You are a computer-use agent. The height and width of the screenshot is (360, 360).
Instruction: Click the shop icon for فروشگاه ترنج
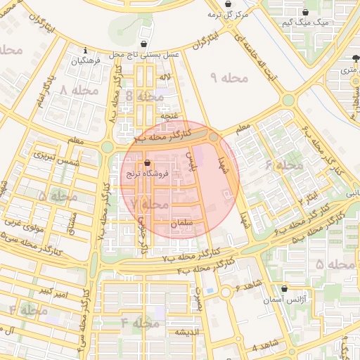(x=146, y=161)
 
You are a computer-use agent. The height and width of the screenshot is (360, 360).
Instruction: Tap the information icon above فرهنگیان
(x=85, y=51)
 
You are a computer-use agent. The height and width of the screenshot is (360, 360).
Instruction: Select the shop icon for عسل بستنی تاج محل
(x=144, y=43)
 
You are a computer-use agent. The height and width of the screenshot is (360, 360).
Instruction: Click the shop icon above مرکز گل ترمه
(x=212, y=4)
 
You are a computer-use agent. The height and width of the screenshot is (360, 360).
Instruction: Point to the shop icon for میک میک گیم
(x=305, y=12)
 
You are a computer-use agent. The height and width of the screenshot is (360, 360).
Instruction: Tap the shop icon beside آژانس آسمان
(x=284, y=288)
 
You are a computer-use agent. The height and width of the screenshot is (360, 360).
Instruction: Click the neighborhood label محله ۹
(x=230, y=77)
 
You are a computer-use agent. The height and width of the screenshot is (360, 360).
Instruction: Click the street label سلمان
(x=181, y=222)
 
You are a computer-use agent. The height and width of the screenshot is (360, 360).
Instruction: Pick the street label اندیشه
(x=188, y=332)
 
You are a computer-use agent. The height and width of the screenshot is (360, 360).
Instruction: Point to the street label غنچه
(x=171, y=114)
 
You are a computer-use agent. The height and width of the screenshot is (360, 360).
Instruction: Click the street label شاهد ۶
(x=247, y=285)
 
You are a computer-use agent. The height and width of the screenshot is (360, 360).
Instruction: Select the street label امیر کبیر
(x=54, y=290)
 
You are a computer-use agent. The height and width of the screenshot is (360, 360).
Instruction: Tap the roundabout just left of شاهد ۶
(x=226, y=292)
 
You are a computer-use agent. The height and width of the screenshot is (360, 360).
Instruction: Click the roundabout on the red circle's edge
(x=214, y=138)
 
